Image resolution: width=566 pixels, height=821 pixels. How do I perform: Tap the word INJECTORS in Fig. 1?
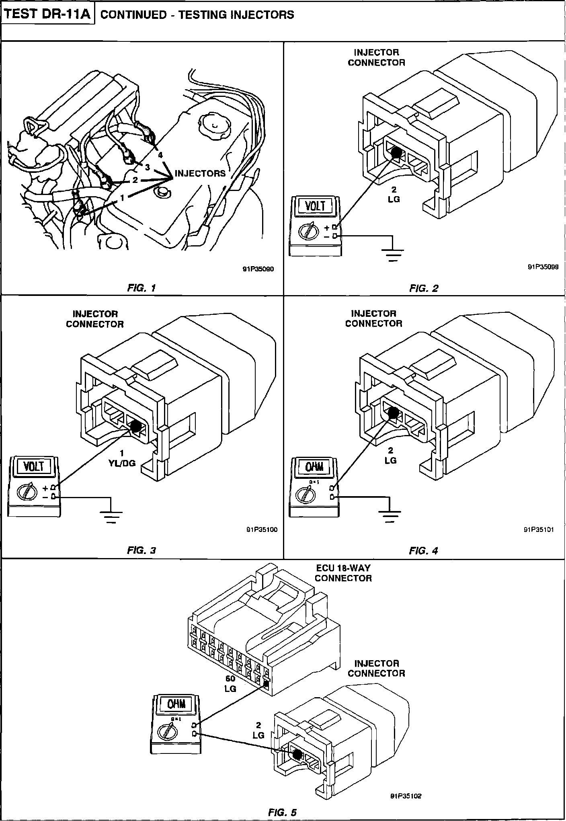coord(200,174)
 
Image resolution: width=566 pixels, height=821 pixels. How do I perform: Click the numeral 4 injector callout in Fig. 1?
coord(160,155)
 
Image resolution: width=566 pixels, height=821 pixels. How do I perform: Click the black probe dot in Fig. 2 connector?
coord(397,152)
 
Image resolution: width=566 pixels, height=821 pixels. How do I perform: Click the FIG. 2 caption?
coord(424,288)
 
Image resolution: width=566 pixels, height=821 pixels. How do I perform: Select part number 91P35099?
coord(543,266)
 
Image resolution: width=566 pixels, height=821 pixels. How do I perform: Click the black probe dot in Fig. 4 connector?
coord(393,413)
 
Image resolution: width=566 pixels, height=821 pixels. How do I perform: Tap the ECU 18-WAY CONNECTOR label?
coord(343,573)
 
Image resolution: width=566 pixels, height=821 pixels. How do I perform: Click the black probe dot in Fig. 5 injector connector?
coord(297,755)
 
